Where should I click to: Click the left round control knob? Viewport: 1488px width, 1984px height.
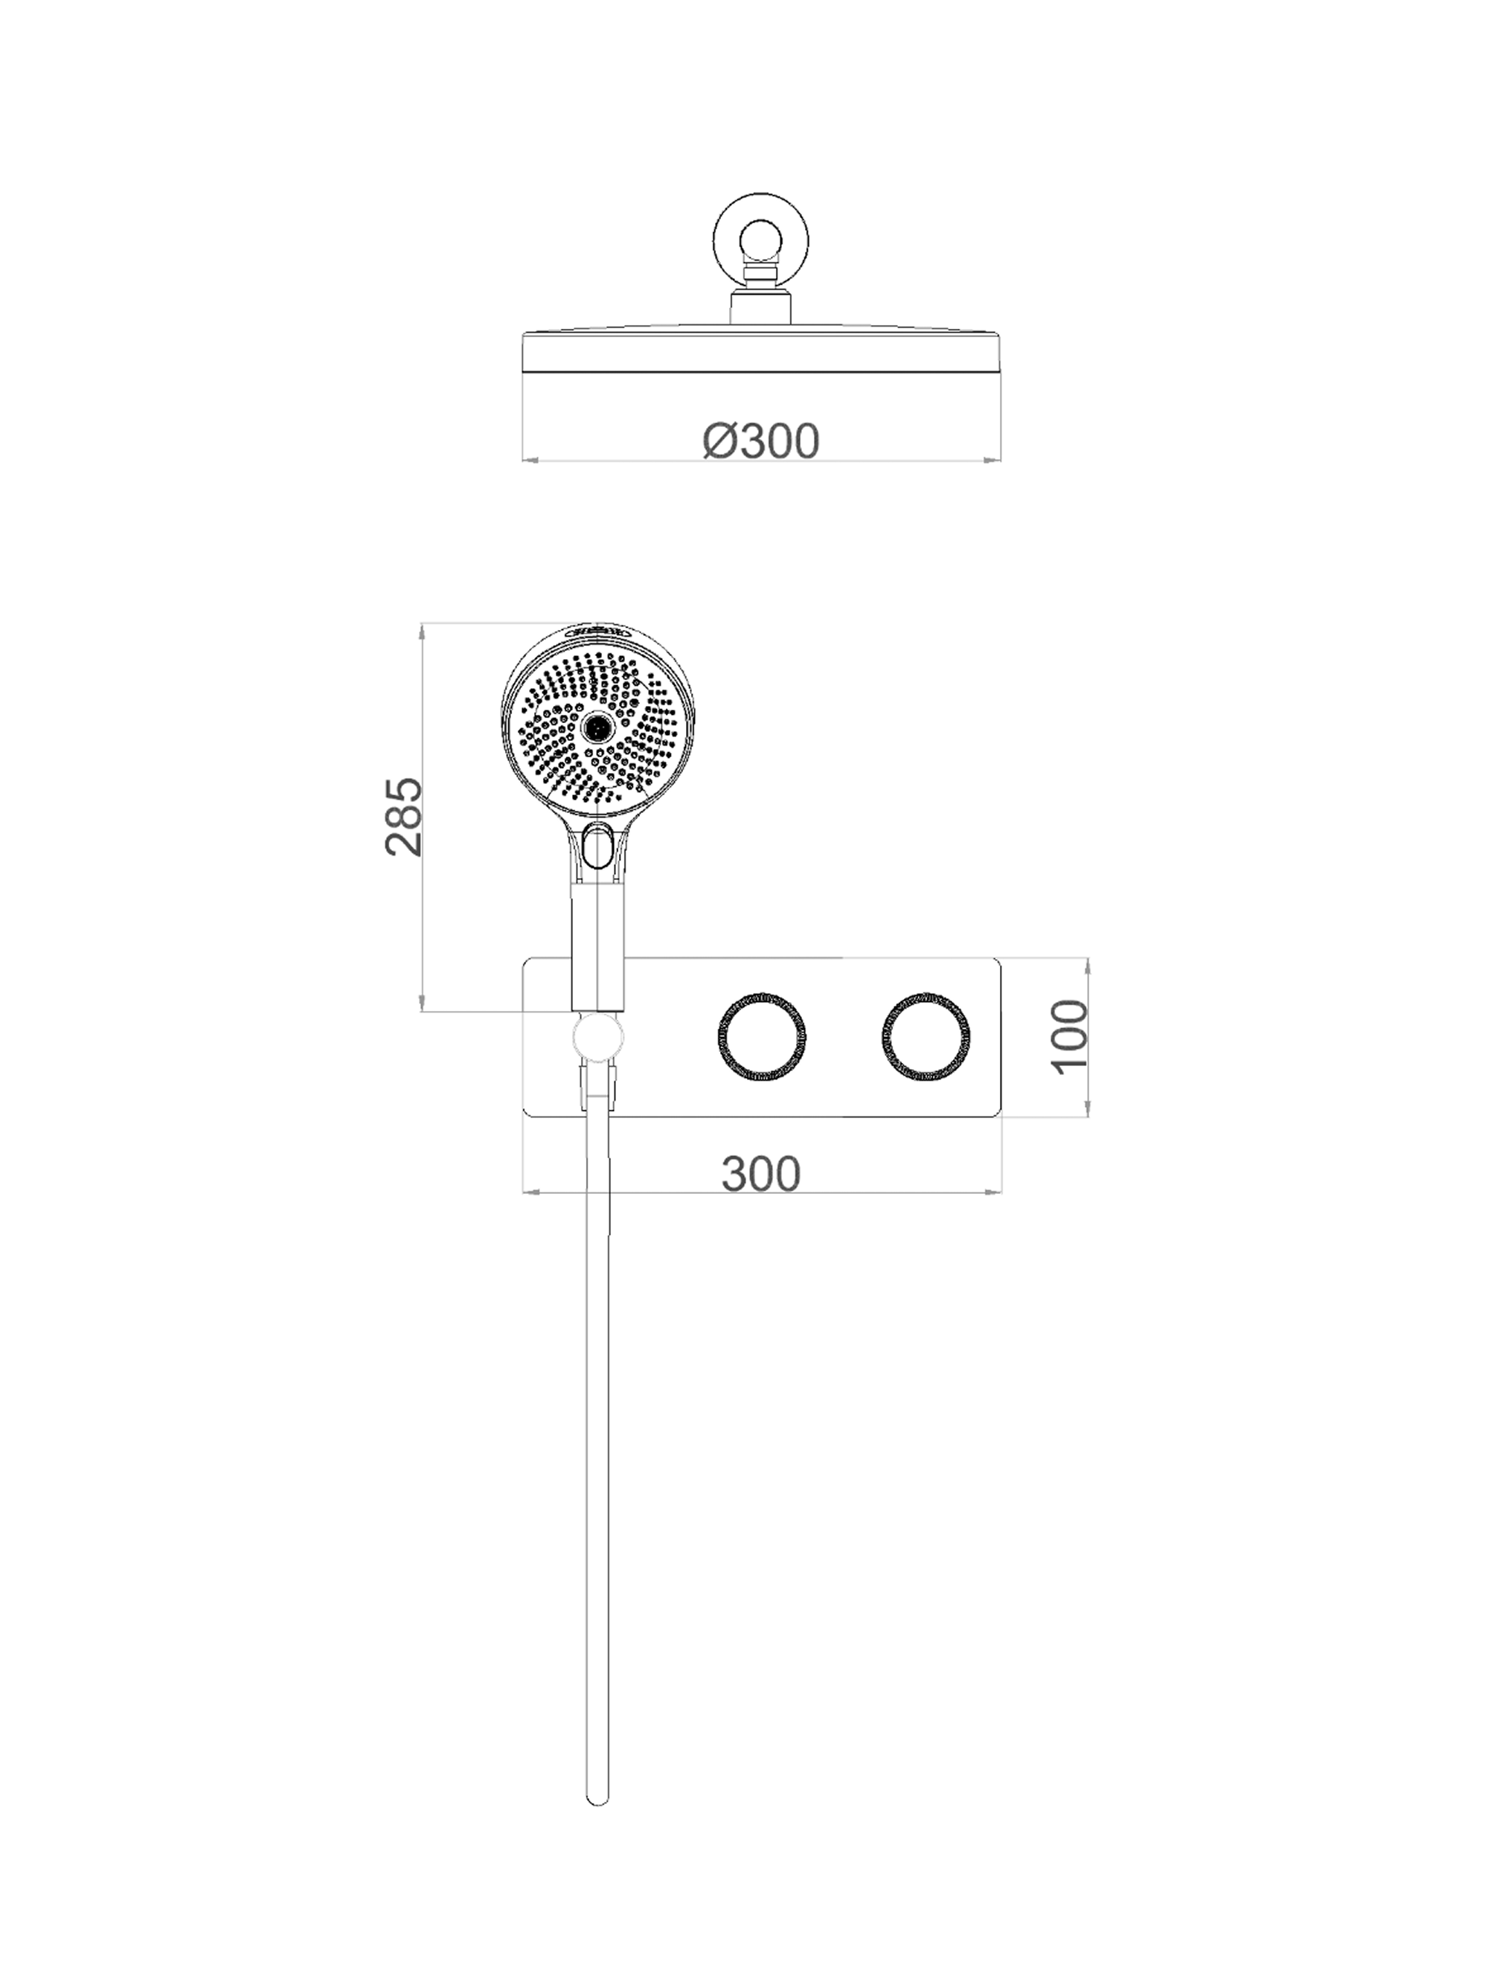click(762, 1037)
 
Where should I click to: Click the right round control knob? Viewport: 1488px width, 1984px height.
click(925, 1037)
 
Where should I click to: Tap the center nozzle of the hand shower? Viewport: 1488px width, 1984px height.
click(595, 728)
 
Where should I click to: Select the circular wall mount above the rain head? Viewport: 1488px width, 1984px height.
click(760, 240)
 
